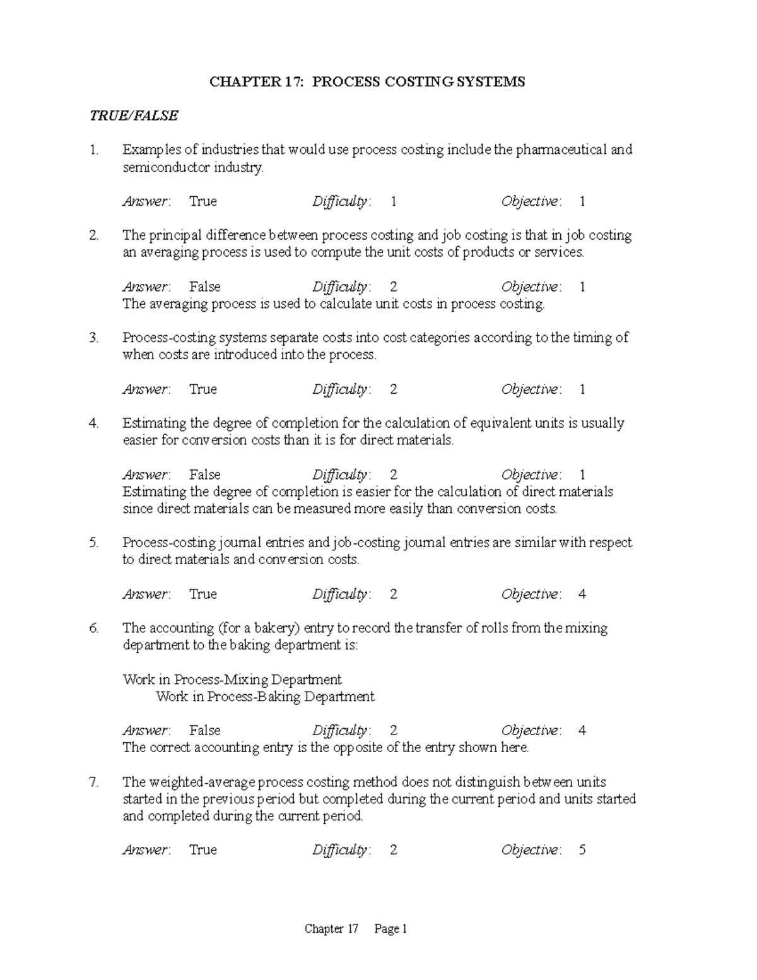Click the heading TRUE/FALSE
(x=134, y=115)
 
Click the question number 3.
(x=94, y=338)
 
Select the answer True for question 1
(x=203, y=201)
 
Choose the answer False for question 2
(x=204, y=287)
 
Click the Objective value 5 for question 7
(x=582, y=850)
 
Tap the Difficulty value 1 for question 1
(x=394, y=201)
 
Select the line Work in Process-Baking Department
(x=265, y=697)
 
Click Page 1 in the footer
(x=391, y=929)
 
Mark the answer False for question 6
(x=204, y=731)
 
